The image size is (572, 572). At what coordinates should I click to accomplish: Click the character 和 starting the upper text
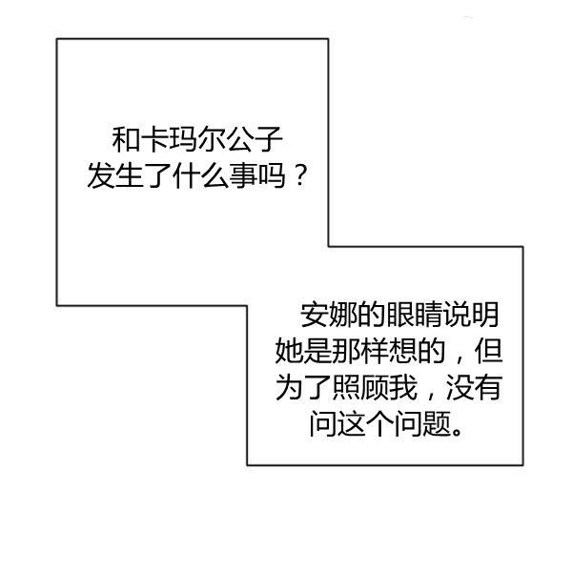(x=125, y=143)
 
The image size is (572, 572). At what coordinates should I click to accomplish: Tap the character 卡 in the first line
(x=153, y=143)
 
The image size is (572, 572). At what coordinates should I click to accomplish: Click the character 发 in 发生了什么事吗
(x=99, y=177)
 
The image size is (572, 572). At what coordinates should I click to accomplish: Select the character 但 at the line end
(x=487, y=352)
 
